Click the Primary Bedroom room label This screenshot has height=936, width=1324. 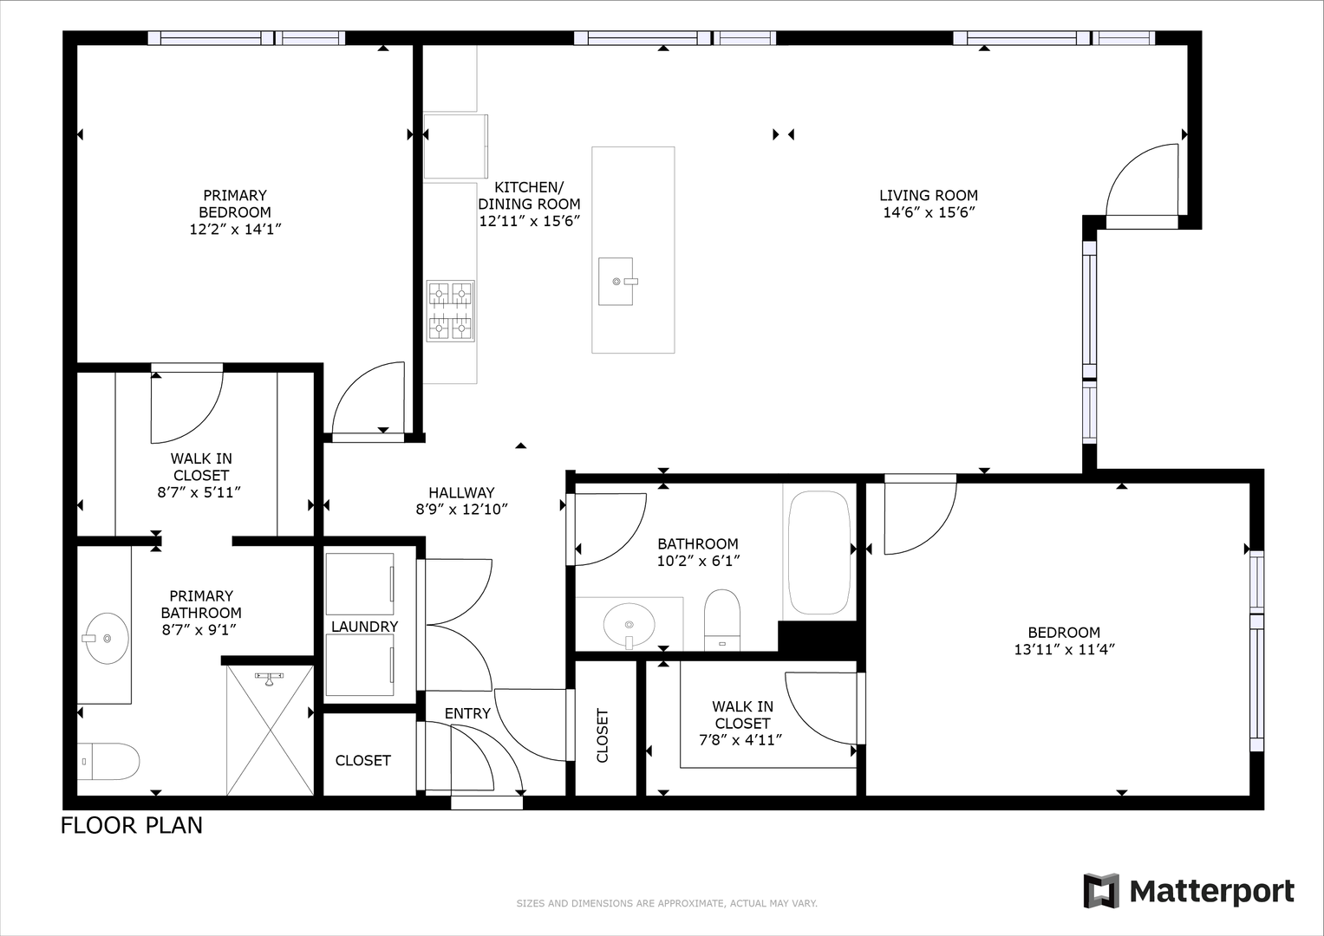235,204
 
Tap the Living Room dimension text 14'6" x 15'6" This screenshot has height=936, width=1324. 929,212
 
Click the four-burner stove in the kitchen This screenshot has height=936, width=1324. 450,311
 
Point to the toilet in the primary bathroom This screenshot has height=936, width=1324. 108,761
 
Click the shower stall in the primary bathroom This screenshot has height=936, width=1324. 271,731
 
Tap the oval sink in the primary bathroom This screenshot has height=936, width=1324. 107,638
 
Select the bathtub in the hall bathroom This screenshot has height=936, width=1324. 820,553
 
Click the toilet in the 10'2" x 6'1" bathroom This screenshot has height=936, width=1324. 722,620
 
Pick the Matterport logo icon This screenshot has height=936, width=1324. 1101,891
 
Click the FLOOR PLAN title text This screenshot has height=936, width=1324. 132,825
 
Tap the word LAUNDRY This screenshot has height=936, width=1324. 365,627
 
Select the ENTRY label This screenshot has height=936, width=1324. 467,713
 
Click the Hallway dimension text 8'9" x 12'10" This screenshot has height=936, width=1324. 461,510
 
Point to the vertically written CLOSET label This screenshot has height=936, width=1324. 603,736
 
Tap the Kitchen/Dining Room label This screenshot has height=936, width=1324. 529,196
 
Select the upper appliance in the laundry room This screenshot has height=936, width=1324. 360,584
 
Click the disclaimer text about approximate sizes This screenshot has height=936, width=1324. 667,903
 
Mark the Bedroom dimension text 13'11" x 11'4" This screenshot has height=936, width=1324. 1064,649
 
